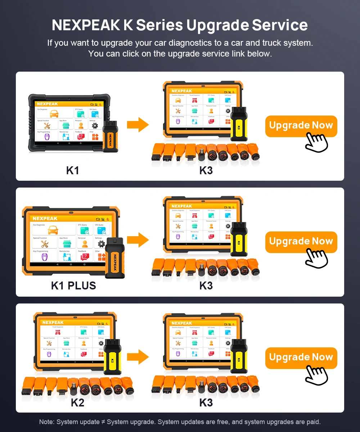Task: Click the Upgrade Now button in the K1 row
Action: [301, 126]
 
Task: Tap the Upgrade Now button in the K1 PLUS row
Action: [301, 242]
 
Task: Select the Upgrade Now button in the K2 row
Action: [301, 358]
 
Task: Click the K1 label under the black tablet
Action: [72, 170]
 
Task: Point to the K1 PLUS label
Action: [73, 286]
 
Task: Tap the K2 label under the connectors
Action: [77, 402]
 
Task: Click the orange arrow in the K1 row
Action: [138, 125]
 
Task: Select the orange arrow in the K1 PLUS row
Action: [138, 240]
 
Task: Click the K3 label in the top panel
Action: [206, 170]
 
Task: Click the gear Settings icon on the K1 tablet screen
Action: [95, 126]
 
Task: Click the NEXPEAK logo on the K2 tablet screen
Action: [53, 323]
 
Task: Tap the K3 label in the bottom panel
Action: [206, 402]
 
